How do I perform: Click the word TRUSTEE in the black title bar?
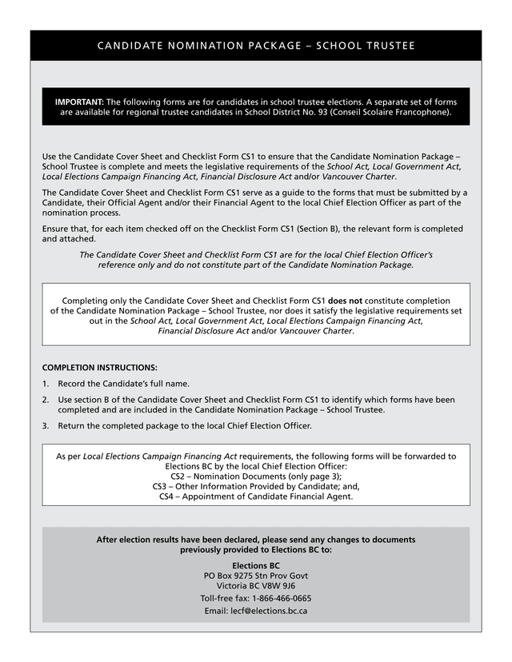[x=387, y=46]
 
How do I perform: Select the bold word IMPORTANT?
[x=79, y=102]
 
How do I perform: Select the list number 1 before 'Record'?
[x=46, y=384]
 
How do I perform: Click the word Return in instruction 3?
[x=73, y=426]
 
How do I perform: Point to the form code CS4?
[x=167, y=496]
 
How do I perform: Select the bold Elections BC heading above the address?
[x=256, y=566]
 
